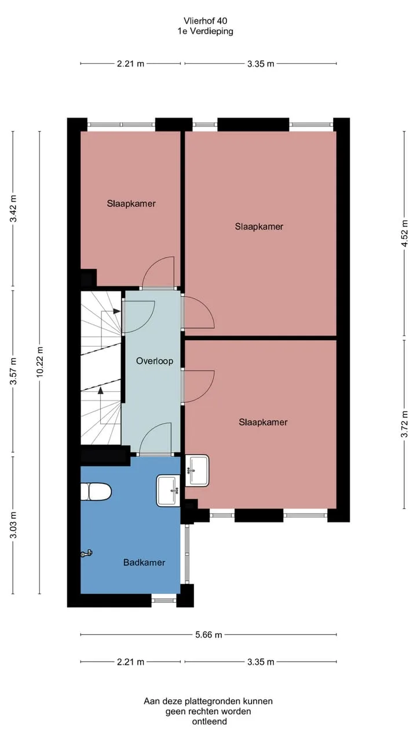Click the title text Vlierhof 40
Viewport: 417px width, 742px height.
point(206,21)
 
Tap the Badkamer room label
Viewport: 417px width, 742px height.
point(144,562)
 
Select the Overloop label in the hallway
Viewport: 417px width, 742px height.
point(155,361)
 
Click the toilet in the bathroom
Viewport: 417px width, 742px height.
point(96,492)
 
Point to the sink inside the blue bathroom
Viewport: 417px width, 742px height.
point(169,490)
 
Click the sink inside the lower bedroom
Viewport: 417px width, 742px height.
point(197,470)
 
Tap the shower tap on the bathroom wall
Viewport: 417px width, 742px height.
point(86,553)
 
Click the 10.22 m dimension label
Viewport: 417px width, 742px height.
point(40,362)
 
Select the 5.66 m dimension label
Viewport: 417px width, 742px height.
point(209,635)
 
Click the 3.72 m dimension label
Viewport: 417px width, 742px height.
point(404,424)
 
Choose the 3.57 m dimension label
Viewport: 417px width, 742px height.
point(13,371)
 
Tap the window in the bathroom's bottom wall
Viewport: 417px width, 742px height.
point(164,600)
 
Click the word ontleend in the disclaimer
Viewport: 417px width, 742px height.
point(210,722)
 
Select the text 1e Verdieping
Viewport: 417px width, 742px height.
point(206,31)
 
